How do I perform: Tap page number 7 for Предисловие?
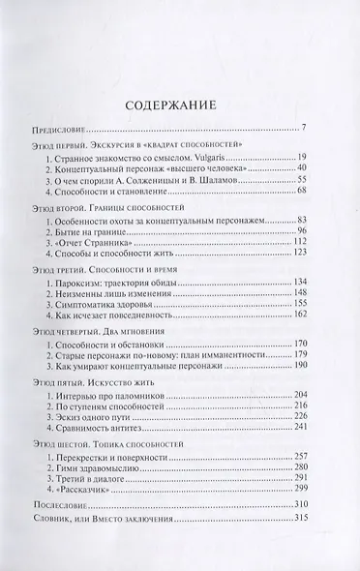click(304, 127)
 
